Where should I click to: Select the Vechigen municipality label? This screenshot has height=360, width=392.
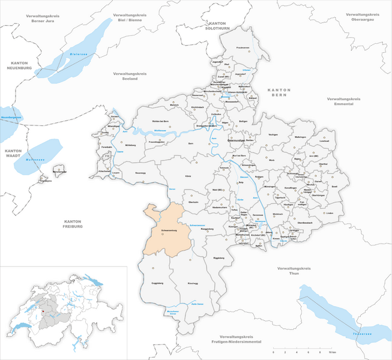click(x=274, y=134)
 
